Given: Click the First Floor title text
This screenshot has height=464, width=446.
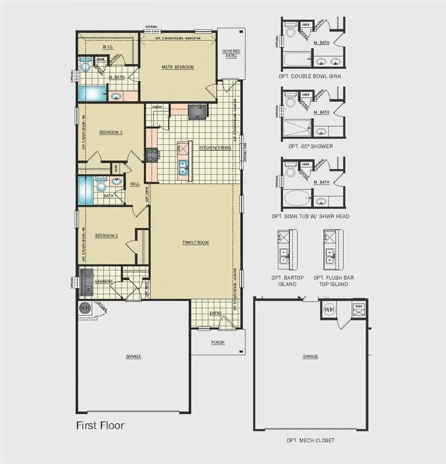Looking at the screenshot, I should [100, 425].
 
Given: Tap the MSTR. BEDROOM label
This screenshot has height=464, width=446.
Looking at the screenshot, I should [178, 67].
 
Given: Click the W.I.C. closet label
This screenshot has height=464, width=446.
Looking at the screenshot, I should [107, 47].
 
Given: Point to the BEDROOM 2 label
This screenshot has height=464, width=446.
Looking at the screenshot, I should [110, 132].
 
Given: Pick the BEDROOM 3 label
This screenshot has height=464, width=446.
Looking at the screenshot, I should [107, 235].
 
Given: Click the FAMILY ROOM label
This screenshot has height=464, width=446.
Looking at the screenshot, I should [196, 242].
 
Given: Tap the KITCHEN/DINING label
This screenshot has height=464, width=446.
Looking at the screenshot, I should [216, 147].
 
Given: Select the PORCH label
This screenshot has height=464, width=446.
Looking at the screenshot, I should [218, 342].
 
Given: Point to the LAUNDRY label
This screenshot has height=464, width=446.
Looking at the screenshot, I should [104, 281].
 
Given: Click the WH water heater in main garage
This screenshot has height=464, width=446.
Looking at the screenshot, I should [85, 308].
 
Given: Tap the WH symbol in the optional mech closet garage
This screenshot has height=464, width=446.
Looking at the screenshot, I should [329, 310].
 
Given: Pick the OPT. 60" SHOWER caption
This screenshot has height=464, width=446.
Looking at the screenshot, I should [311, 146].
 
